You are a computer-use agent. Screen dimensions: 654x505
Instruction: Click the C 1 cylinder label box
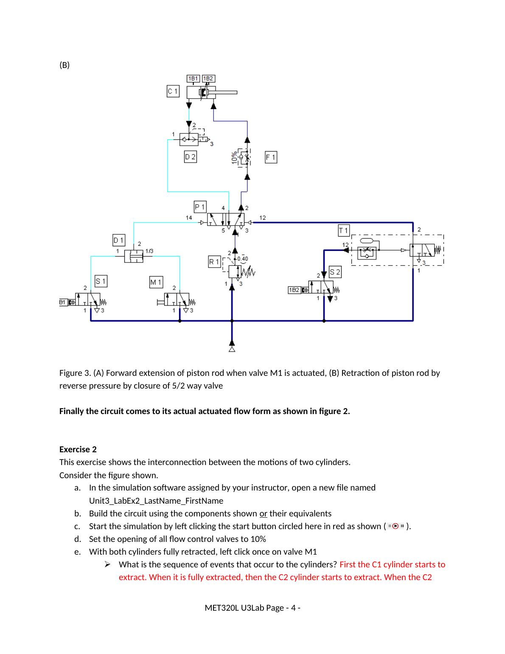pos(173,91)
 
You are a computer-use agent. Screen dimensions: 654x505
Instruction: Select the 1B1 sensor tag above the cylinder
pos(194,79)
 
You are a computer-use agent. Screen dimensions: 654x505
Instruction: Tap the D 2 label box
pos(190,157)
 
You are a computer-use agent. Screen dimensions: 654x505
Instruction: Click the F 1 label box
pos(271,158)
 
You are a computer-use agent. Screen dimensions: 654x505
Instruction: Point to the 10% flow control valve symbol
pos(244,157)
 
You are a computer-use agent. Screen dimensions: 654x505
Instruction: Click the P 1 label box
pos(200,207)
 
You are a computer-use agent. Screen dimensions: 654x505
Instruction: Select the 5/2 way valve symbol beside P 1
pos(226,220)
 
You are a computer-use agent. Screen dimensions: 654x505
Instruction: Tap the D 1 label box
pos(119,240)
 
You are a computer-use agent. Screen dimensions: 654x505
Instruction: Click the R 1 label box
pos(214,262)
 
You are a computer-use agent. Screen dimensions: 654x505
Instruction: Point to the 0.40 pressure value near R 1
pos(242,258)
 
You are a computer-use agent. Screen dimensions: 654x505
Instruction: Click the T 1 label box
pos(343,231)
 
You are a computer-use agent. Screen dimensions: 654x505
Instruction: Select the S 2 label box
pos(335,272)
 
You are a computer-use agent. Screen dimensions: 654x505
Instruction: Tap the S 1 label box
pos(101,281)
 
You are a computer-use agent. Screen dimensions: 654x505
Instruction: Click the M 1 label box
pos(156,282)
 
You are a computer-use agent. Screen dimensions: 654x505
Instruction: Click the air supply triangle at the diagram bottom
pos(232,349)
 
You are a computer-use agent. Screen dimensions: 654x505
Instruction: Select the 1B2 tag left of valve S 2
pos(294,290)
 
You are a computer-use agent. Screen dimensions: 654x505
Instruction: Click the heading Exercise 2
pos(78,449)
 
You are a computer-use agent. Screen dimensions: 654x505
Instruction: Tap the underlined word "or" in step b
pos(263,513)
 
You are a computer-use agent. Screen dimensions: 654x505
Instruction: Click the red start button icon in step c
pos(396,526)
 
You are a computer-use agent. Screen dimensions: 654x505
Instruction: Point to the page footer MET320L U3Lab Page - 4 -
pos(252,608)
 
